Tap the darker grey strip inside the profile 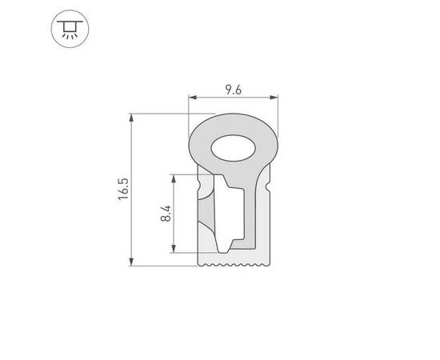[x=207, y=216]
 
